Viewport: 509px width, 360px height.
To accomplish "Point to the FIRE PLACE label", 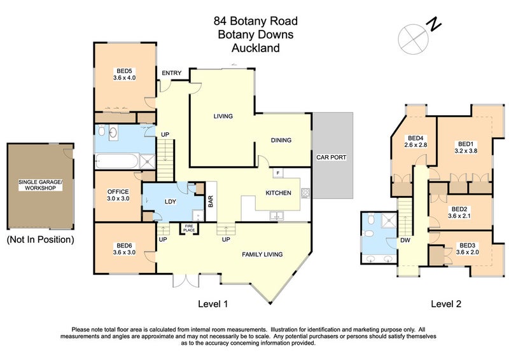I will coord(190,228).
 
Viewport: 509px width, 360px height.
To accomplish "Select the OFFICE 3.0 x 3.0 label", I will coord(118,195).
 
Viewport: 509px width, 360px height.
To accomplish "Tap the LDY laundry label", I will coord(170,202).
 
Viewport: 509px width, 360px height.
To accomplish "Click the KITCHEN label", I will coord(279,193).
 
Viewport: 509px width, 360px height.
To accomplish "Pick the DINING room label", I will coord(281,141).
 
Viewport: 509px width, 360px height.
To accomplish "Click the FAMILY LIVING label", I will coord(262,254).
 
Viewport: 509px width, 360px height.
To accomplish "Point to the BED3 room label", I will coord(468,249).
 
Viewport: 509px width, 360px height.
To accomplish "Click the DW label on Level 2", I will coord(405,241).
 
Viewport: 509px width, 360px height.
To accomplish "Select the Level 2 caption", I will coord(446,304).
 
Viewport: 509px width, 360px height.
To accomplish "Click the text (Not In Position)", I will coord(39,240).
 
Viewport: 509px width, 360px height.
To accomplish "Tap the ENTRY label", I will coord(171,73).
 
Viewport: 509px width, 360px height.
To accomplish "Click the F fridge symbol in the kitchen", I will coord(278,173).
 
